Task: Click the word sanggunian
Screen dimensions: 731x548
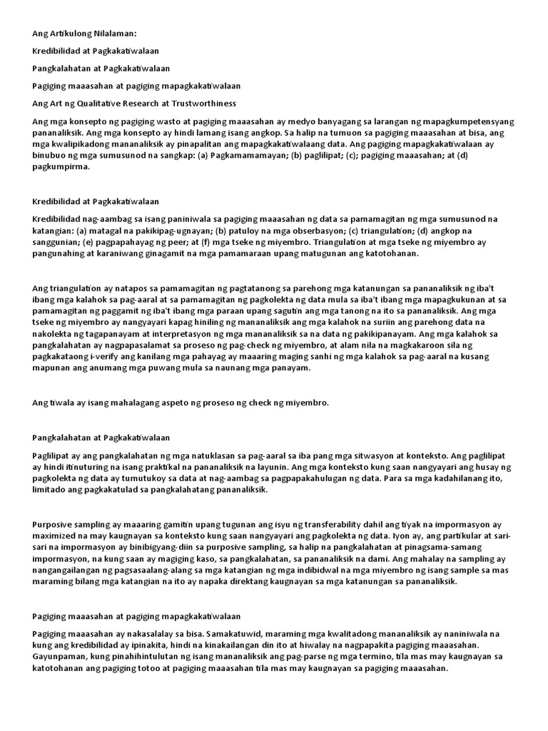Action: coord(56,242)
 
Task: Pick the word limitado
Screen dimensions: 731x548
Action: coord(49,489)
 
